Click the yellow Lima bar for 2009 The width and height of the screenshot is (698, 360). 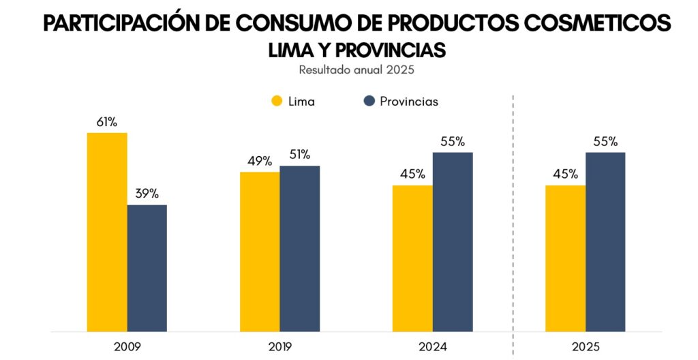coord(107,232)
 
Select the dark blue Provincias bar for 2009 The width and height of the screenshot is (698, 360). coord(147,268)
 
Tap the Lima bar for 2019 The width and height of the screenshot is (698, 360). coord(260,252)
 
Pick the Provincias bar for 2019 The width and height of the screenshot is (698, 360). coord(299,248)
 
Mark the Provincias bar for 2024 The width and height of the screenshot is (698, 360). coord(453,241)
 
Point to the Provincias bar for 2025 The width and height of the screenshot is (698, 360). coord(605,241)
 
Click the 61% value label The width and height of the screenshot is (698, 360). coord(107,122)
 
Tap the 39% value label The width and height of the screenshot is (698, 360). coord(147,194)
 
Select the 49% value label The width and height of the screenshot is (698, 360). coord(260,161)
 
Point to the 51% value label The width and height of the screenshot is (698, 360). coord(299,154)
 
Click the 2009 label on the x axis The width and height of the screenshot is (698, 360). coord(127,347)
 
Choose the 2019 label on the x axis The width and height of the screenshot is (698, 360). coord(279,347)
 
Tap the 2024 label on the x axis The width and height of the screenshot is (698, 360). coord(433,347)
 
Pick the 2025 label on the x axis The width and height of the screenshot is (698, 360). coord(586,347)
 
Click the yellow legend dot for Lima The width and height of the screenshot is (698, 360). coord(277,102)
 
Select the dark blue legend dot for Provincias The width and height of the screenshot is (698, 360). coord(369,102)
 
